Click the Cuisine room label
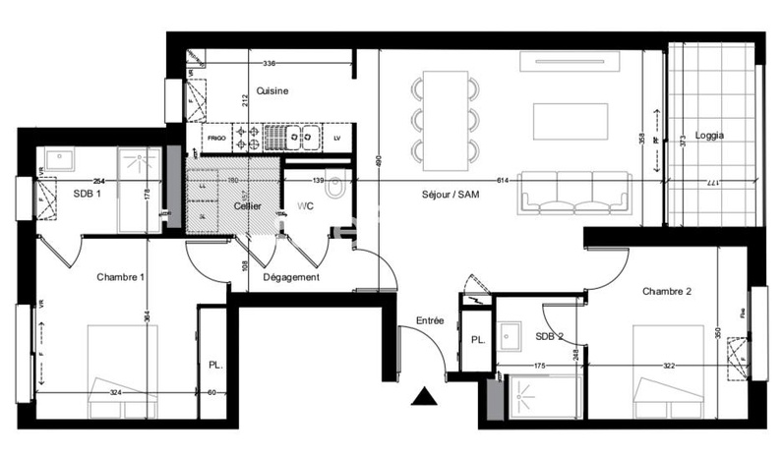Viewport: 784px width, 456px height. point(271,91)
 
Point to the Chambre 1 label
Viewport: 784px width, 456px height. point(121,277)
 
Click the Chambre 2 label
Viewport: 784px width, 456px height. point(668,292)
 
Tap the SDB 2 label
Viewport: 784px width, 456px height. point(550,337)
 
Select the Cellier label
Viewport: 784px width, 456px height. point(247,206)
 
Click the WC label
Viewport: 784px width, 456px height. point(305,206)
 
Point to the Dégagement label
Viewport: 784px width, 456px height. point(291,277)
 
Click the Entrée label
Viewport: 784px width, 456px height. point(430,320)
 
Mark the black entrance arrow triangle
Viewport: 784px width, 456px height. point(424,396)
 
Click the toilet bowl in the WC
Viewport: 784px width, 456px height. point(334,186)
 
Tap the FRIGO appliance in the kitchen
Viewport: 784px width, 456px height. point(216,137)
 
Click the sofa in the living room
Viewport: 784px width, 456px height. point(575,192)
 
